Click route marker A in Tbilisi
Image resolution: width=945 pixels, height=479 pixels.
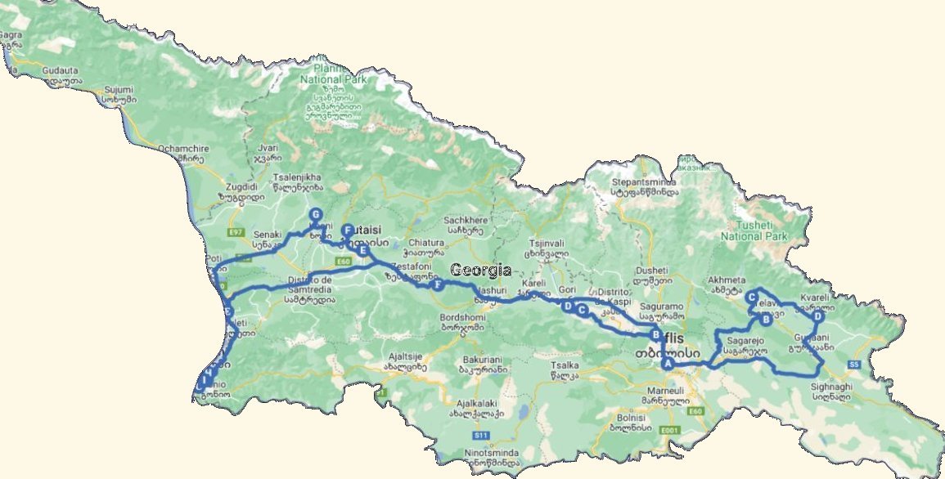point(668,364)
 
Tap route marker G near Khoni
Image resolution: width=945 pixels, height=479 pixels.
point(315,216)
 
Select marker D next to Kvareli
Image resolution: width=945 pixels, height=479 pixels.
point(817,316)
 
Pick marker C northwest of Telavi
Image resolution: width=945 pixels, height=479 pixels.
point(750,298)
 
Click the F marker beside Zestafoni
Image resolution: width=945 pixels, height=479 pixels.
point(439,284)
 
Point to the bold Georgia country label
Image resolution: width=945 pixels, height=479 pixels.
point(480,271)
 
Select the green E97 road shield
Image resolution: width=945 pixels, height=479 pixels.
point(237,233)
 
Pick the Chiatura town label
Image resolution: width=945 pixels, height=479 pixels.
point(425,243)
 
